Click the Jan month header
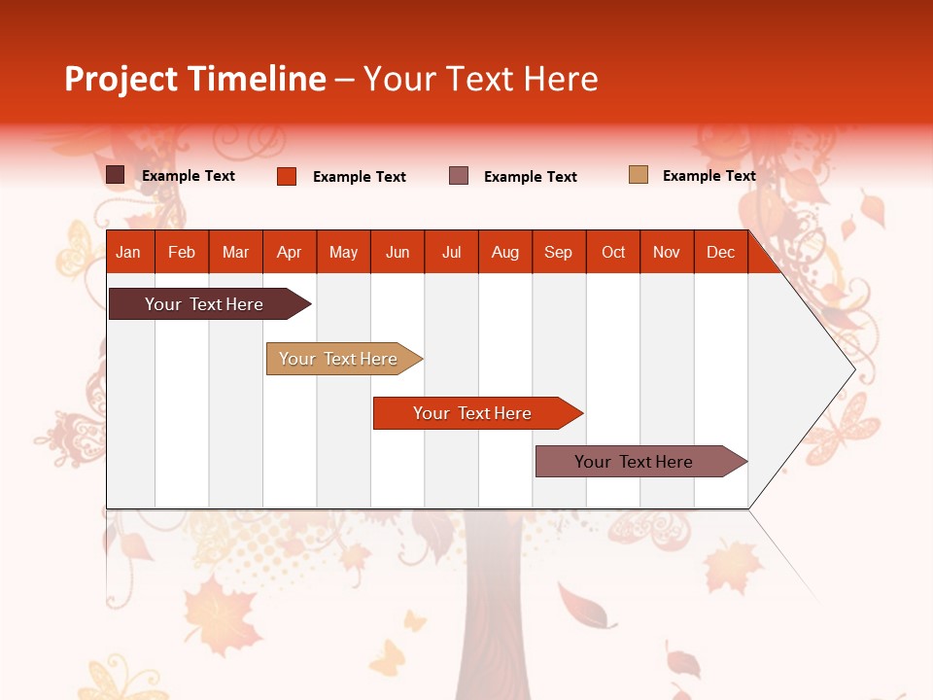129,252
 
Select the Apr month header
290,252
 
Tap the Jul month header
451,252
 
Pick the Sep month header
558,252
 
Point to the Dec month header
720,252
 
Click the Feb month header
182,252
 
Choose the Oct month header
613,252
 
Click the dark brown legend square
116,175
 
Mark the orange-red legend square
287,176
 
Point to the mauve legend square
459,176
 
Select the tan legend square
639,175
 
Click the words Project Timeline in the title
195,79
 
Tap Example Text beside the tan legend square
708,176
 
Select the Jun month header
397,252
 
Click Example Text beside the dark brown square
189,176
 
